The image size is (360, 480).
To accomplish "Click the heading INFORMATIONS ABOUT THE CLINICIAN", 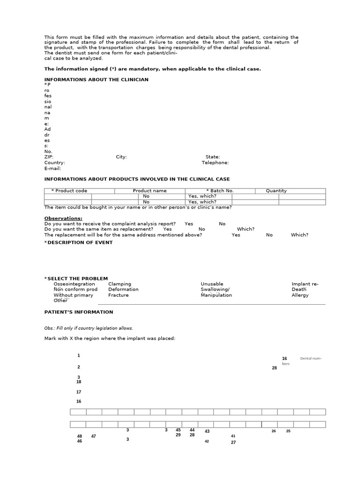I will click(x=96, y=80).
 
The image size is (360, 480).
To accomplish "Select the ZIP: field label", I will click(x=49, y=157).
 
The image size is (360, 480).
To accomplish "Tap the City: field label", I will click(x=121, y=157).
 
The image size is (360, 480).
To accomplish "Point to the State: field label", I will click(x=212, y=157).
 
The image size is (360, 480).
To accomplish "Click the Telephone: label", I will click(x=215, y=163).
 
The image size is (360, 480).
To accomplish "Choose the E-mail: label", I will click(x=53, y=168).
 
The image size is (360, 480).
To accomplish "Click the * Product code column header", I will click(x=69, y=191).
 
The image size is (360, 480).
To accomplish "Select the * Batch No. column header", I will click(x=220, y=191).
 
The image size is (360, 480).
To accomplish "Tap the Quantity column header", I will click(x=276, y=191).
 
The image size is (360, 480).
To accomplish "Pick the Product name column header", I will click(x=150, y=191).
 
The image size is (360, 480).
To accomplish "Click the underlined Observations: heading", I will click(x=63, y=218).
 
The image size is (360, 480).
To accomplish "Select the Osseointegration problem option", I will click(x=74, y=284).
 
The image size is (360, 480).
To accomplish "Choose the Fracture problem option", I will click(x=118, y=295).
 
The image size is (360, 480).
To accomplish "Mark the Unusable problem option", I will click(x=212, y=284).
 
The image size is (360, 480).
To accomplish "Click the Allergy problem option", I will click(x=300, y=295).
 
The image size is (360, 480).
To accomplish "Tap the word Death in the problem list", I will click(x=299, y=290).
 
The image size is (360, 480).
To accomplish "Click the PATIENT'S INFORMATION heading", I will click(x=79, y=312).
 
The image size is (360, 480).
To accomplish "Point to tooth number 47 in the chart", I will click(x=94, y=436).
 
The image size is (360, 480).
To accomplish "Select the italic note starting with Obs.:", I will click(x=89, y=328).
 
